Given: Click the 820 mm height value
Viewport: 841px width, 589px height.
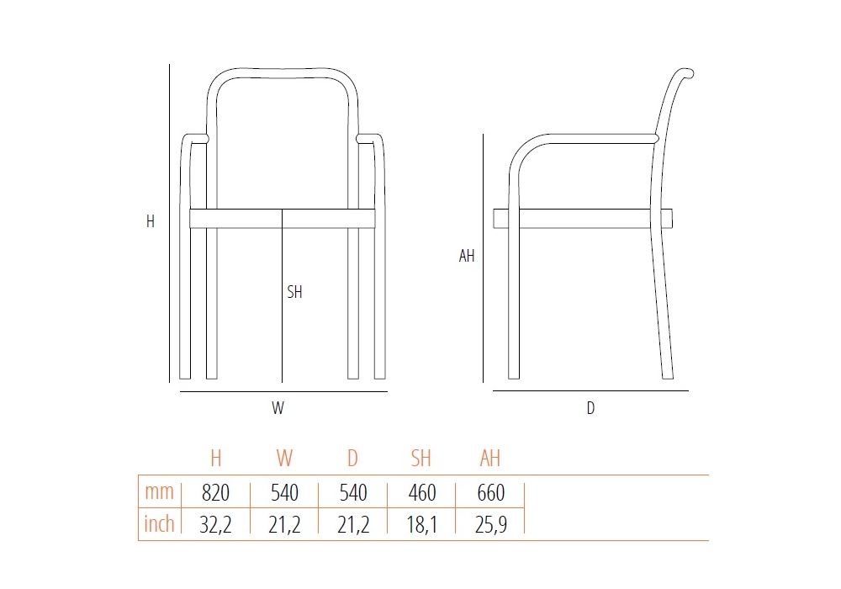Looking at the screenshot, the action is coord(215,492).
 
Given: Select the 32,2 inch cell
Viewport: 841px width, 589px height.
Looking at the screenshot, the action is coord(215,524).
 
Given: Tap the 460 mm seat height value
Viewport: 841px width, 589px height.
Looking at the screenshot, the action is coord(422,492).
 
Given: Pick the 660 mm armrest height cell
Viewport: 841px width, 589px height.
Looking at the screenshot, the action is coord(491,492).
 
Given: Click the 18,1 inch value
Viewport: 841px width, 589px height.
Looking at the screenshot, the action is coord(421,524).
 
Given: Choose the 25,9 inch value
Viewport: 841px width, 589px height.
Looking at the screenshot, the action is coord(491,524).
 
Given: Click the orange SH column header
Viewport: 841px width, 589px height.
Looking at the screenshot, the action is coord(421,458).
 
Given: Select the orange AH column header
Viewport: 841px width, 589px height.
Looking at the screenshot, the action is coord(489,458).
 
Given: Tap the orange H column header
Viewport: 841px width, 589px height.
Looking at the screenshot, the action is coord(215,458).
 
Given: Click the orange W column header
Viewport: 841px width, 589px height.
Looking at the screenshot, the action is coord(284,458).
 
